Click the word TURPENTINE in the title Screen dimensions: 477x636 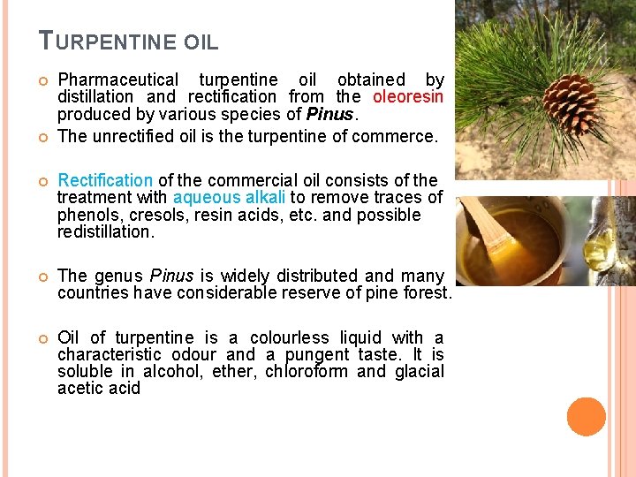click(108, 41)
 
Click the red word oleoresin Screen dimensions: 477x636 click(408, 96)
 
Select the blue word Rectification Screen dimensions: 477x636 click(105, 180)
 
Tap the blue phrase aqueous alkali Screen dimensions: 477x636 click(229, 197)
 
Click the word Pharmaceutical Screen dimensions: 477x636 click(117, 79)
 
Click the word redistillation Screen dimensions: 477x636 click(105, 231)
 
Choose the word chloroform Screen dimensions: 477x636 click(306, 371)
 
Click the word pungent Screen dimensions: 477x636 click(315, 354)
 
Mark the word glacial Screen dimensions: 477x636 click(420, 371)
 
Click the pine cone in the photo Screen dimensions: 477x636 click(570, 102)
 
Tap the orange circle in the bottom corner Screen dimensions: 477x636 click(587, 416)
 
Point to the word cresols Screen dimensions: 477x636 click(159, 215)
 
